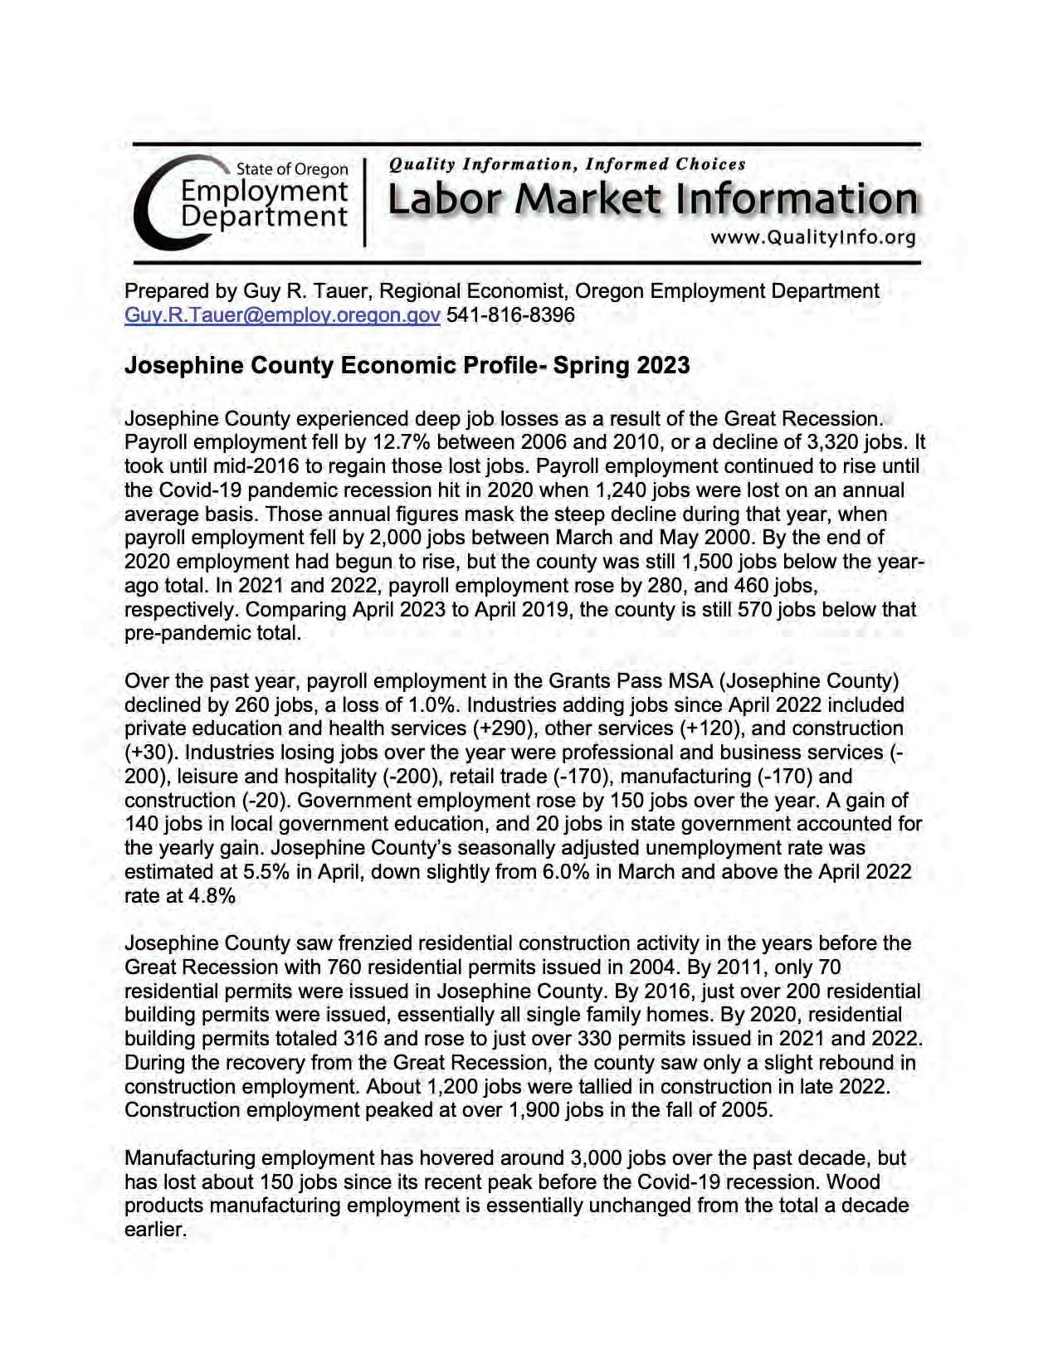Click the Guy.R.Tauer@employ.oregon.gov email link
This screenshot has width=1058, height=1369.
tap(281, 316)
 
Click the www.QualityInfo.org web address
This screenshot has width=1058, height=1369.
tap(812, 238)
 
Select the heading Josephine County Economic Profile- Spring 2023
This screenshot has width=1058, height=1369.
tap(407, 366)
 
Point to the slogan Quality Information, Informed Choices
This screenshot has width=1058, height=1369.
tap(567, 164)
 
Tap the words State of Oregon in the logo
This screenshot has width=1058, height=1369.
tap(292, 169)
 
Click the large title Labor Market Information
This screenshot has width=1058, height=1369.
tap(652, 201)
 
